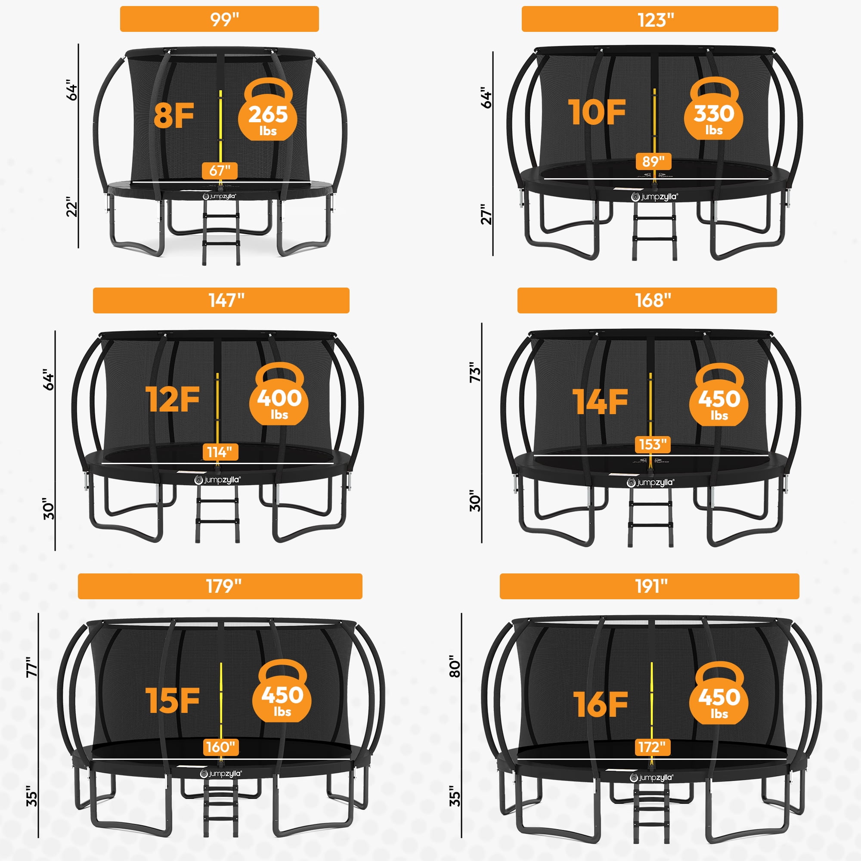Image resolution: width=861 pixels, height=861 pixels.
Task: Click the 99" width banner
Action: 219,19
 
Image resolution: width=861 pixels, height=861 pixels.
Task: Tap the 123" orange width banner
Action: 650,19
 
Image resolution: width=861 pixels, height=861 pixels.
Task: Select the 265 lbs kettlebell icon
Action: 268,110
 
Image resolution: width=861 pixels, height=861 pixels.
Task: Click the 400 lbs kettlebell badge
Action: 279,393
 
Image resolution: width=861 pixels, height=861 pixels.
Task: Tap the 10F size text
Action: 597,112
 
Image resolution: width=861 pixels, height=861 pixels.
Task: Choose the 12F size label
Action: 173,400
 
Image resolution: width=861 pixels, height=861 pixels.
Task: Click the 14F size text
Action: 600,402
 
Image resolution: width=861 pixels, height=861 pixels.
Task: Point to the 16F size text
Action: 600,705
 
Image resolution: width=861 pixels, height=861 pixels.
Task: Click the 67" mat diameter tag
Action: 220,170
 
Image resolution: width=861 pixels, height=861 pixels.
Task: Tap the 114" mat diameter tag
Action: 220,452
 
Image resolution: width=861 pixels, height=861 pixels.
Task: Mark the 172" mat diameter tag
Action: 652,746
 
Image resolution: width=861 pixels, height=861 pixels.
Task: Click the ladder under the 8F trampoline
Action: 221,232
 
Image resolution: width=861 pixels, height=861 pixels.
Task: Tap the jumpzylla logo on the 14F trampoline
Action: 650,482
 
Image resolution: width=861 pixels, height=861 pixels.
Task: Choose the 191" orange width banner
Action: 649,586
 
